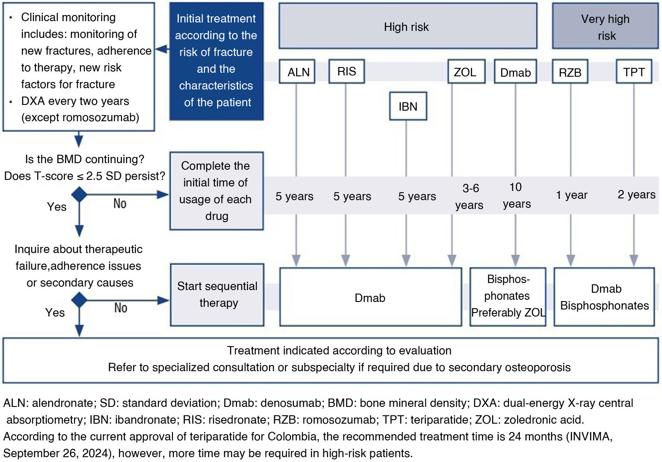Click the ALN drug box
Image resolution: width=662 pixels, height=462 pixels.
297,71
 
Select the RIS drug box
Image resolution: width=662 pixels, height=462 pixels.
346,71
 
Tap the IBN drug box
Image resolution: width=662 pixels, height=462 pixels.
408,106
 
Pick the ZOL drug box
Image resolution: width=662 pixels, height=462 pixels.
466,71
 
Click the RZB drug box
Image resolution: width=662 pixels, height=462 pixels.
570,71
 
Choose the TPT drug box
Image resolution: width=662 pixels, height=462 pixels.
634,71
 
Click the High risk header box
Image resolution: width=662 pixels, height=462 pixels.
408,26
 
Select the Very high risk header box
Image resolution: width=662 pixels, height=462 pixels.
605,26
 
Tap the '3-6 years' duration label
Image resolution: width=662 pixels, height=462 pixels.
469,196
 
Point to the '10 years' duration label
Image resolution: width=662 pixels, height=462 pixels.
517,195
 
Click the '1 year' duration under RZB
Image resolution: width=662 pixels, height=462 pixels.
572,195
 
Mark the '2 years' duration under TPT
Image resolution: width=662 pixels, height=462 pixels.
636,194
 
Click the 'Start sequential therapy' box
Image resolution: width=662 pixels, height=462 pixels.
217,295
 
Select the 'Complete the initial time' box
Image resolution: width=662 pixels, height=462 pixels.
217,191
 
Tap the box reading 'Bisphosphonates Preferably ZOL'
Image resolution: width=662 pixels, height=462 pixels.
508,297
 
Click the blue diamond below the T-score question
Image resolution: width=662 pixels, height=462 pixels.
79,194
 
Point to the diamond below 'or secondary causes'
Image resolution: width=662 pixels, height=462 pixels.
79,300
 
